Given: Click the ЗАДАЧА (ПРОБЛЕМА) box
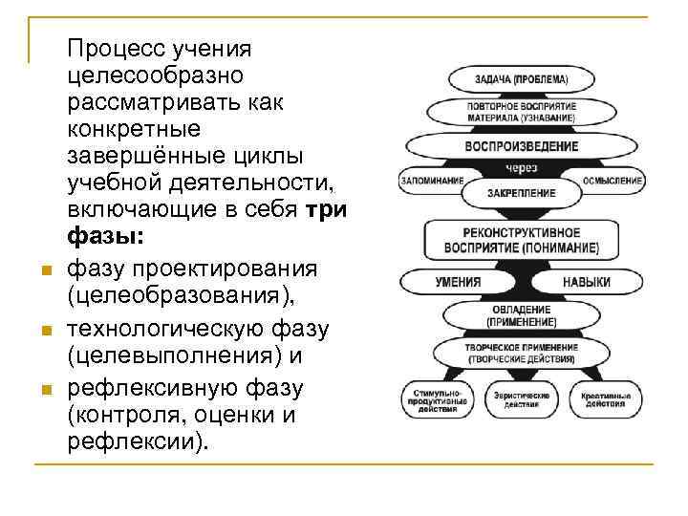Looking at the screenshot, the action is pyautogui.click(x=522, y=78).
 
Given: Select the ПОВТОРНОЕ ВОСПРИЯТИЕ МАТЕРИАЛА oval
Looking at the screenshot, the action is pyautogui.click(x=522, y=111).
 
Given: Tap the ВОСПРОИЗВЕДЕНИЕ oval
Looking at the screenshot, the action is pyautogui.click(x=522, y=146).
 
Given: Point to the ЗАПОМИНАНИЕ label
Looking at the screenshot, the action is pyautogui.click(x=433, y=180).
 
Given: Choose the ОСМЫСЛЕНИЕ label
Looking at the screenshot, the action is pyautogui.click(x=612, y=180).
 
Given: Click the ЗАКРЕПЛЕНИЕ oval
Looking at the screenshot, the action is pyautogui.click(x=522, y=191).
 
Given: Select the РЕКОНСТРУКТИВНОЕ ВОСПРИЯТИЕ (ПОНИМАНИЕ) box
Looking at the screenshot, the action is pyautogui.click(x=522, y=240).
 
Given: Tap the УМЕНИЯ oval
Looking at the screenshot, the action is pyautogui.click(x=459, y=283).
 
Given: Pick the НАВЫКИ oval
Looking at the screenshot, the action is pyautogui.click(x=586, y=283).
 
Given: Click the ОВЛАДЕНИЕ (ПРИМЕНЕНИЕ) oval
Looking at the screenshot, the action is pyautogui.click(x=522, y=316).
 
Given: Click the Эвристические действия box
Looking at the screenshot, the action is pyautogui.click(x=522, y=399).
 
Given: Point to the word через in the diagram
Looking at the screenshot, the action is pyautogui.click(x=522, y=168).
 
